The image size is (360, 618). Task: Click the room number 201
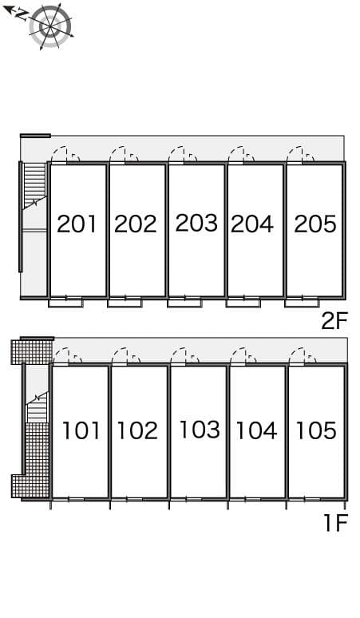tap(77, 224)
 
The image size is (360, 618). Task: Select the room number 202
tap(135, 224)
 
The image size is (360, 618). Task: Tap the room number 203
tap(196, 223)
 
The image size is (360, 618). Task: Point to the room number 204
tap(252, 224)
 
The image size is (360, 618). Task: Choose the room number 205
tap(315, 224)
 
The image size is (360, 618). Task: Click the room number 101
tap(81, 431)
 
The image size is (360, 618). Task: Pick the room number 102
tap(137, 431)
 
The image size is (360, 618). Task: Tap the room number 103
tap(199, 430)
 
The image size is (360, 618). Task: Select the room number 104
tap(256, 431)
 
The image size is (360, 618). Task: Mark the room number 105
tap(315, 431)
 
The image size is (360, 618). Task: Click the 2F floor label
tap(334, 321)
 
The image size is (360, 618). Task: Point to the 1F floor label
tap(336, 524)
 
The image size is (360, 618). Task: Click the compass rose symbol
tap(49, 26)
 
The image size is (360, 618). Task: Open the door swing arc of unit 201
tap(61, 155)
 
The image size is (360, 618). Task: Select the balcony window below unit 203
tap(184, 302)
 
